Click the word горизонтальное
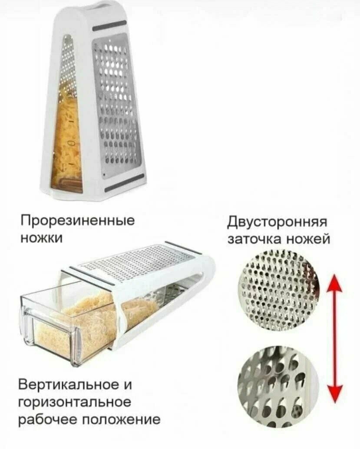(74, 402)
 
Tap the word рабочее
(48, 420)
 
